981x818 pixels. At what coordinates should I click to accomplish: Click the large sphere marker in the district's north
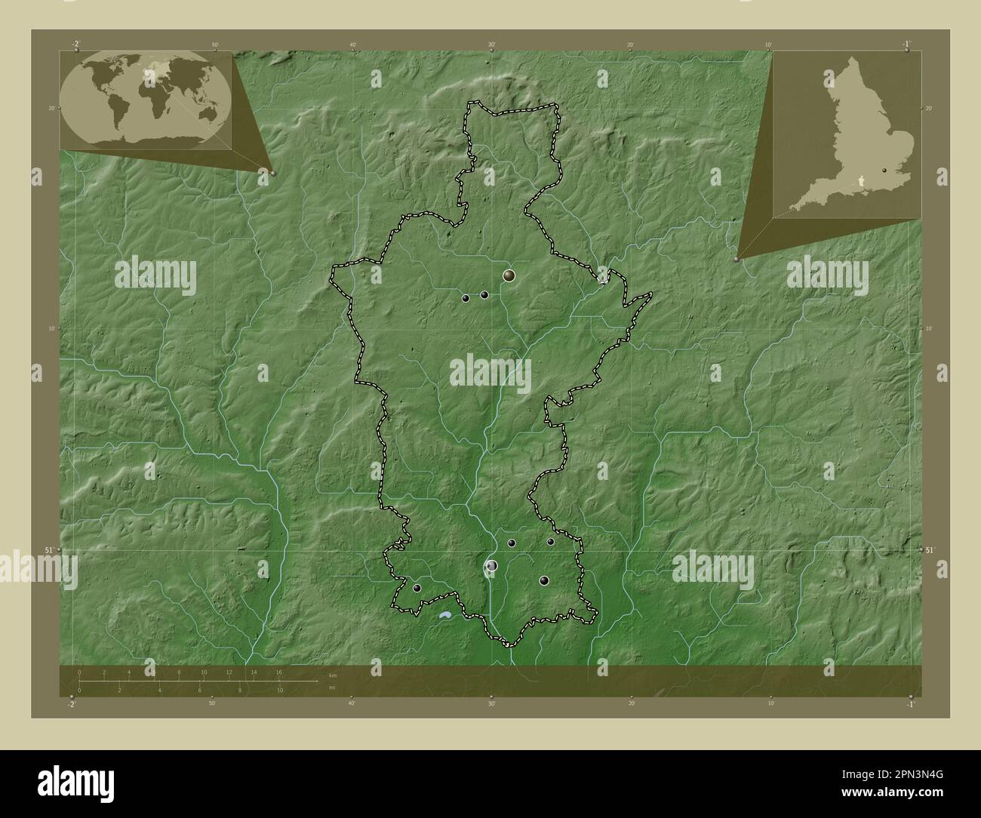click(509, 276)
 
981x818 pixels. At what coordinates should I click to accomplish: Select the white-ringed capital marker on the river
click(492, 565)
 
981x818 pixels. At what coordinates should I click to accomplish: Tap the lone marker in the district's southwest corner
click(417, 588)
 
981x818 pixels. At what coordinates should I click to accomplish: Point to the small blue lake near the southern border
click(444, 617)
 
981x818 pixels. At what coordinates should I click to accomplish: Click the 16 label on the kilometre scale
click(278, 672)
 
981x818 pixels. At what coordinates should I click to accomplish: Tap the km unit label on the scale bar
click(332, 674)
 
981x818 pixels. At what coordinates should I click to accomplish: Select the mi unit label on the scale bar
click(332, 687)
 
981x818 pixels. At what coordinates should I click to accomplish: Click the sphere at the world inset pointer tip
click(272, 173)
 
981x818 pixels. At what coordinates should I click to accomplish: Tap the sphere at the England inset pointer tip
click(737, 258)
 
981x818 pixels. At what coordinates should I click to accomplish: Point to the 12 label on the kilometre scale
click(229, 672)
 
